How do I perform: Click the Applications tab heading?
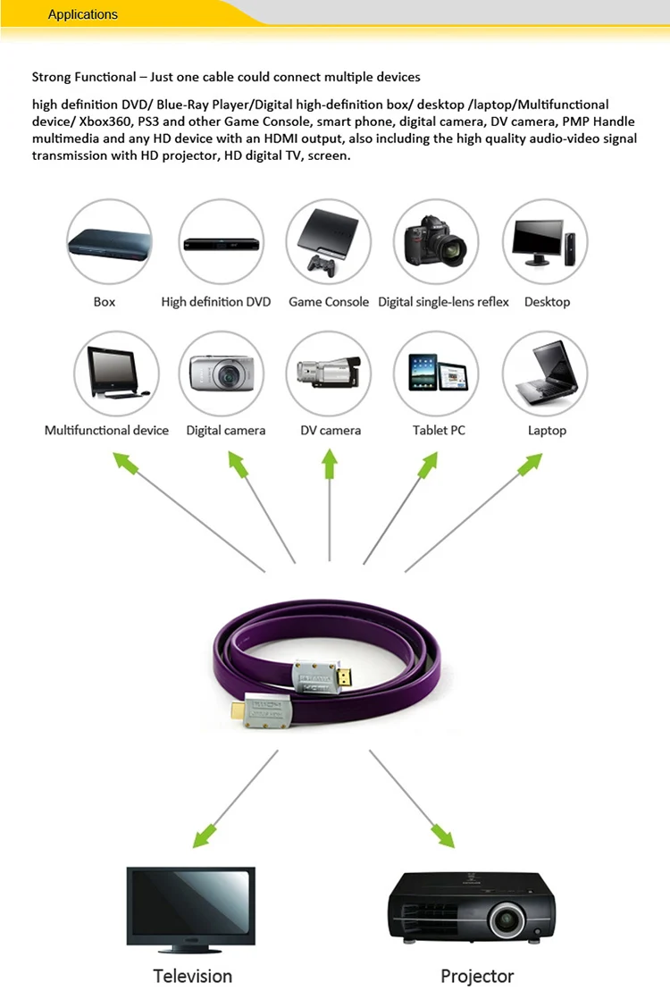[x=83, y=14]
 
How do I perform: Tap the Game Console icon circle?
[x=329, y=241]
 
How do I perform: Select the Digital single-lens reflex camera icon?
[x=436, y=241]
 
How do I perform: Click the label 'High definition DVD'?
[x=216, y=302]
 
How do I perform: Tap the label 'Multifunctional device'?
[x=106, y=431]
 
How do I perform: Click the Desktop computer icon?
[x=545, y=241]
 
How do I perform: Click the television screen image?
[x=191, y=905]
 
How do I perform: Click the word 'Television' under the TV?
[x=193, y=975]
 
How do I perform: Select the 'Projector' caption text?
[x=477, y=975]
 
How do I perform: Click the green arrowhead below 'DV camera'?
[x=330, y=463]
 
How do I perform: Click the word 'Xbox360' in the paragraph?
[x=104, y=122]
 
